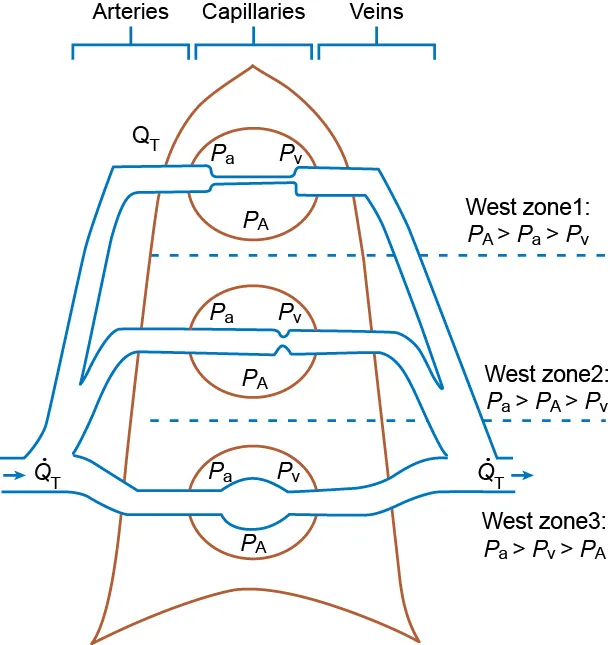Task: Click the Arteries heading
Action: point(130,13)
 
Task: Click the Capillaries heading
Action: point(253,13)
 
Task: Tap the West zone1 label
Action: point(529,208)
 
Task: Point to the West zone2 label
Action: point(546,375)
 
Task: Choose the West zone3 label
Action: point(542,522)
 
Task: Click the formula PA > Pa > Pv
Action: point(529,236)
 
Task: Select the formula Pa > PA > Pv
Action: point(546,402)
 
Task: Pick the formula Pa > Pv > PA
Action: point(542,549)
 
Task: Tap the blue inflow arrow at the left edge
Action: point(13,475)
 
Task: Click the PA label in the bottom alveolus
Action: point(255,543)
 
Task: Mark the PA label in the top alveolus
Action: point(255,221)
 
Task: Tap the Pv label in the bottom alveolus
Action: point(289,471)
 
